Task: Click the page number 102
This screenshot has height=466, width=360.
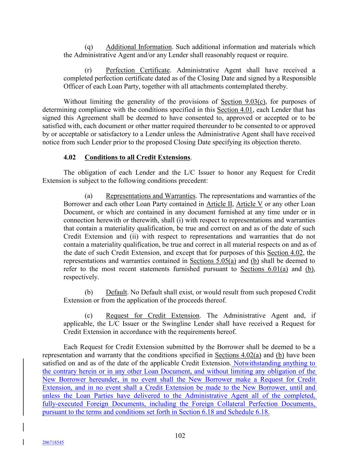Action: [180, 436]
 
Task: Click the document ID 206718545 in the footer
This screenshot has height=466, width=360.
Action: [53, 442]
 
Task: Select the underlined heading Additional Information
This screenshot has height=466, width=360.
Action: [139, 47]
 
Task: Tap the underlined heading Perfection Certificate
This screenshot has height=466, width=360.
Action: [138, 70]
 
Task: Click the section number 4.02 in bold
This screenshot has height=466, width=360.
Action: [70, 157]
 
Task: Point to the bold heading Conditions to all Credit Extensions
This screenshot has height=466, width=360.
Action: [137, 157]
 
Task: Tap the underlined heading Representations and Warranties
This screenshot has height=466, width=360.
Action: [150, 196]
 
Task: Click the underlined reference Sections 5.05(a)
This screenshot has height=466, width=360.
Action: [213, 261]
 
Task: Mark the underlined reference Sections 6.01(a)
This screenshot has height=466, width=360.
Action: [264, 269]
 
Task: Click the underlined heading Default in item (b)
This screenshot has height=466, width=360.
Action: [116, 293]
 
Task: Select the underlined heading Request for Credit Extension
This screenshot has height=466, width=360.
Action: [153, 316]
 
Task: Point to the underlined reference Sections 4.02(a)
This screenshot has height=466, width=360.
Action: [238, 355]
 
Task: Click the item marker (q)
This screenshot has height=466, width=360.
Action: [88, 47]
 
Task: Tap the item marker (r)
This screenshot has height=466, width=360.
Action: [88, 70]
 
